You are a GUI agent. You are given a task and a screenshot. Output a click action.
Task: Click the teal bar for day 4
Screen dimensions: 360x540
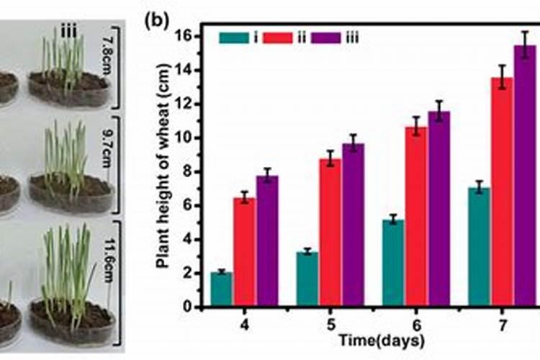click(x=222, y=289)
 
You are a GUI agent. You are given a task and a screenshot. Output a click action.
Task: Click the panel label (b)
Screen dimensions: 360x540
click(x=156, y=19)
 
